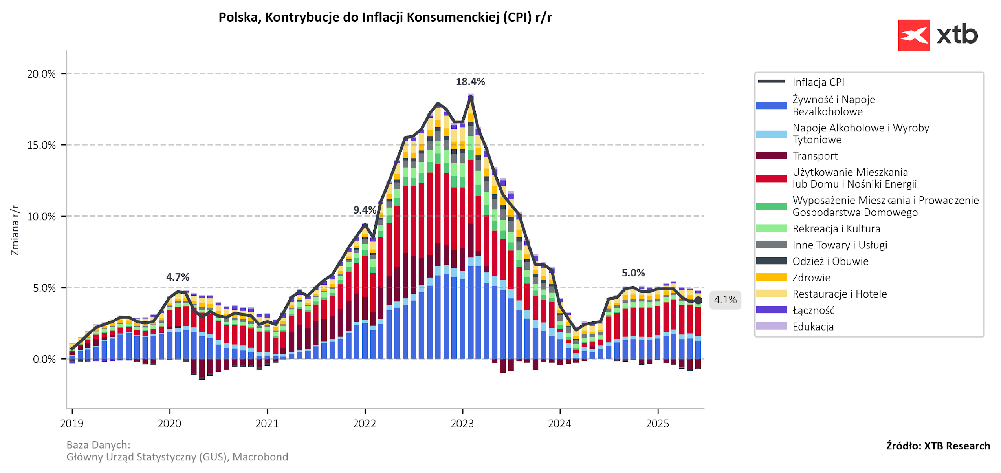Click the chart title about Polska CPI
(x=385, y=18)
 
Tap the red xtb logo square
(x=914, y=35)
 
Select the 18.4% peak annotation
(x=470, y=82)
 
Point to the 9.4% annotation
(x=365, y=210)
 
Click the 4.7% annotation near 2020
(x=178, y=277)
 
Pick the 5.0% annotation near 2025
(x=633, y=273)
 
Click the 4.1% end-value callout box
(x=725, y=300)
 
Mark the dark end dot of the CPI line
(x=698, y=300)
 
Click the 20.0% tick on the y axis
(x=42, y=74)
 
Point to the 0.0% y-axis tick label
(x=44, y=359)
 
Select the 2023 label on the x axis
(x=462, y=424)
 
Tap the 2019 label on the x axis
(x=72, y=424)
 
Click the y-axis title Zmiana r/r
(x=15, y=230)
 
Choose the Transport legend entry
(x=815, y=156)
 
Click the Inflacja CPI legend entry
(x=818, y=82)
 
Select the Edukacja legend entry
(x=813, y=327)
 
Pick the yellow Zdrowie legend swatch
(x=771, y=278)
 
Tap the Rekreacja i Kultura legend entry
(x=836, y=228)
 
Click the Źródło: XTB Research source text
(x=938, y=446)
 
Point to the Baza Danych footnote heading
(x=98, y=445)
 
